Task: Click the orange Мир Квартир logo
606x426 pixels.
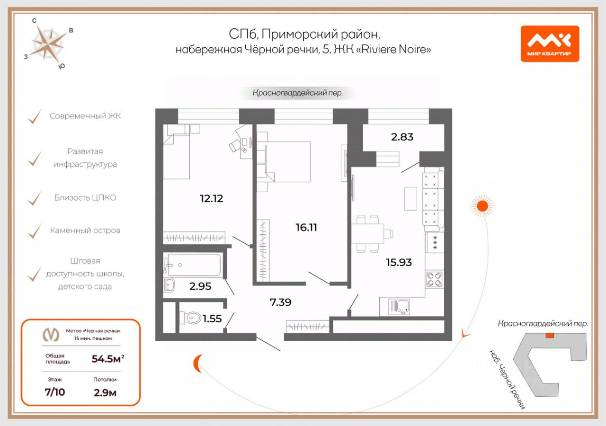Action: pyautogui.click(x=550, y=44)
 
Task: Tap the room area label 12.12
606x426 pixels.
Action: pyautogui.click(x=212, y=198)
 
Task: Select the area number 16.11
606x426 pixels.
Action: pyautogui.click(x=306, y=228)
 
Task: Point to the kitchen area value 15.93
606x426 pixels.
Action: pyautogui.click(x=399, y=262)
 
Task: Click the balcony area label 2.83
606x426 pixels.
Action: pyautogui.click(x=402, y=137)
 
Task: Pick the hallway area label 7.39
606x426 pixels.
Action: pyautogui.click(x=281, y=302)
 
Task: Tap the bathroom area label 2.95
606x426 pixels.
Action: pyautogui.click(x=200, y=286)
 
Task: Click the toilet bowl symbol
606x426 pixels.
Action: pyautogui.click(x=190, y=318)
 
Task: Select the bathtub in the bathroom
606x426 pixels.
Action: pyautogui.click(x=193, y=265)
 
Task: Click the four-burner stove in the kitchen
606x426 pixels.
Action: pyautogui.click(x=435, y=279)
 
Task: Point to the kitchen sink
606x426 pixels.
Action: pyautogui.click(x=399, y=307)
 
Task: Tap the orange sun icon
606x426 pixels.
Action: pyautogui.click(x=482, y=206)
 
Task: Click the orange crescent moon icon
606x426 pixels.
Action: pyautogui.click(x=197, y=363)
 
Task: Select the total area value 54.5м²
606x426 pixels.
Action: pyautogui.click(x=108, y=359)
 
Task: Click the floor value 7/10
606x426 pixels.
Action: pyautogui.click(x=55, y=392)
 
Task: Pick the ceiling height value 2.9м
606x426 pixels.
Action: pyautogui.click(x=105, y=393)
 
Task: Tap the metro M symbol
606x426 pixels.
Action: pyautogui.click(x=51, y=335)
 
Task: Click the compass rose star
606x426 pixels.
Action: pyautogui.click(x=49, y=44)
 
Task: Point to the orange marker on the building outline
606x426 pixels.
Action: pyautogui.click(x=550, y=336)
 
